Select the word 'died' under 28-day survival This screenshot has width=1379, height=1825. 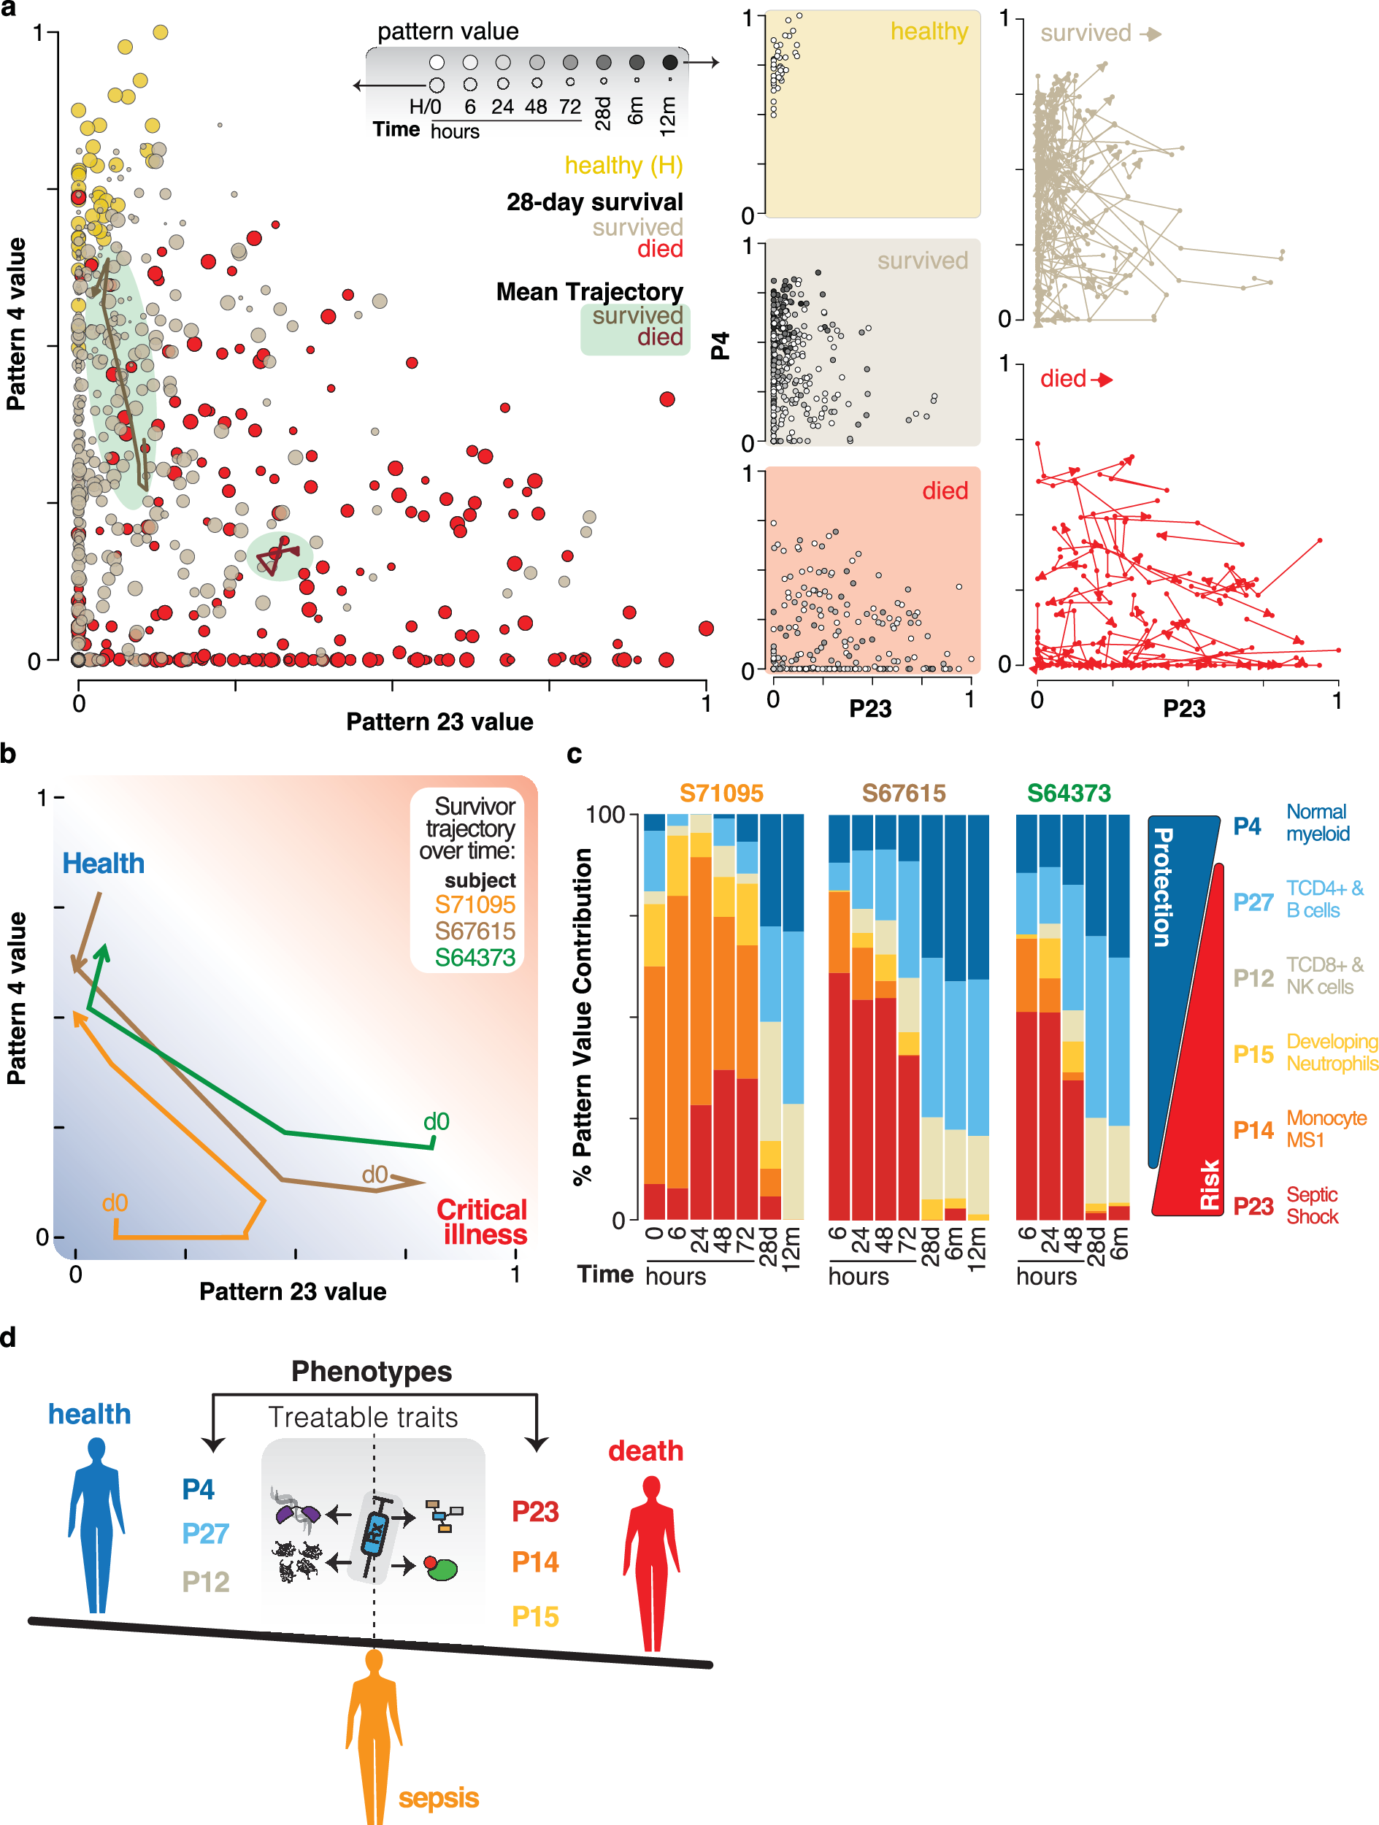pyautogui.click(x=659, y=249)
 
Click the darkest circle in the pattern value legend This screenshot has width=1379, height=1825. pyautogui.click(x=670, y=62)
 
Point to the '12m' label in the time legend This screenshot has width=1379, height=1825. pyautogui.click(x=668, y=115)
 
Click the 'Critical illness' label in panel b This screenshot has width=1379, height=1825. pyautogui.click(x=482, y=1222)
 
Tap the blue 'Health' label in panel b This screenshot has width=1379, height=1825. pyautogui.click(x=103, y=864)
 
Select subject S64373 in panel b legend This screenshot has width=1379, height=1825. pyautogui.click(x=475, y=958)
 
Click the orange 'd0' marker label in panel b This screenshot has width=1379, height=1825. pyautogui.click(x=115, y=1203)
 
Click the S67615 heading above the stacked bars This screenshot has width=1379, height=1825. pyautogui.click(x=903, y=793)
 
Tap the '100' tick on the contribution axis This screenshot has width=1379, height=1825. pyautogui.click(x=605, y=815)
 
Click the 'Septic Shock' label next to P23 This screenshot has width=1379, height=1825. pyautogui.click(x=1312, y=1205)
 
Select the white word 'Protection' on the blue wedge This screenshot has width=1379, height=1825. pyautogui.click(x=1162, y=887)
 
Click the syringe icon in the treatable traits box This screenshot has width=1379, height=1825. pyautogui.click(x=374, y=1535)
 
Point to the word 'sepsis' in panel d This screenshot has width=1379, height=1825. pyautogui.click(x=438, y=1798)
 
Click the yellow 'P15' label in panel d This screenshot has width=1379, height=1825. pyautogui.click(x=535, y=1616)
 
